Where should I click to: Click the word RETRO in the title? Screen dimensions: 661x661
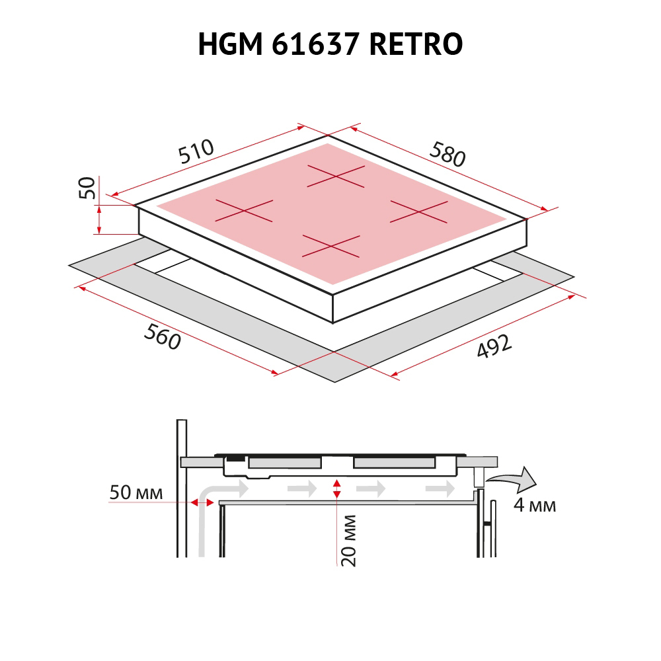[x=416, y=44]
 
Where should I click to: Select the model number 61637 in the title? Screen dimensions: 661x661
[x=315, y=44]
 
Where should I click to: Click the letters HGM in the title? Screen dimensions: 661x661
[x=230, y=44]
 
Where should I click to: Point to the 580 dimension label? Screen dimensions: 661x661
[x=447, y=154]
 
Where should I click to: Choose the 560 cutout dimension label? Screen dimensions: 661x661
[x=163, y=336]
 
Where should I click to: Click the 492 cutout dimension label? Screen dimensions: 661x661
[x=494, y=346]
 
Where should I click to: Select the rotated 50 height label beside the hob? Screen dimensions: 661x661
[x=87, y=188]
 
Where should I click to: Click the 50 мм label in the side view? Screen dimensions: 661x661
[x=136, y=492]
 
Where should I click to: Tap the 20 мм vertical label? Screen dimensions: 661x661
[x=348, y=541]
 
